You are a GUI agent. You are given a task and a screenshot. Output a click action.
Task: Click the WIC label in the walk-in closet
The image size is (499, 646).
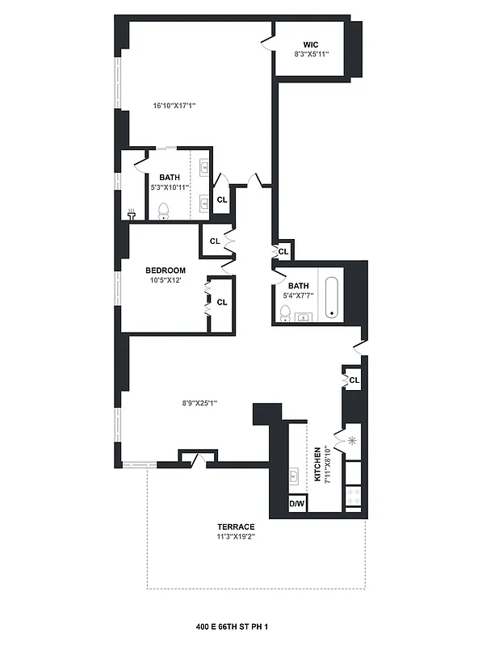(311, 44)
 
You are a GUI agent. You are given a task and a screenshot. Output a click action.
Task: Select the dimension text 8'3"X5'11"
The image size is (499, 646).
(311, 55)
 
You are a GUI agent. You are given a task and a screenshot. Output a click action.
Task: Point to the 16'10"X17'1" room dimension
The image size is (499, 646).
(175, 105)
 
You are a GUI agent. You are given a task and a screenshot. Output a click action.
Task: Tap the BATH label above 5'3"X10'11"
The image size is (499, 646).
(170, 178)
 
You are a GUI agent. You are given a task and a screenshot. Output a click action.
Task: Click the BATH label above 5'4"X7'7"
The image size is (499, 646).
(299, 285)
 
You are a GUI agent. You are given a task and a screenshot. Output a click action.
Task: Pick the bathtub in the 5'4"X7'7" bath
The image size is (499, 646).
(331, 296)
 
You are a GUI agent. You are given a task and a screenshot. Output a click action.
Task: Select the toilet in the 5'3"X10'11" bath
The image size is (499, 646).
(163, 211)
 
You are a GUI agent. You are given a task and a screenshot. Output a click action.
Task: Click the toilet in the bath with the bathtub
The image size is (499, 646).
(285, 313)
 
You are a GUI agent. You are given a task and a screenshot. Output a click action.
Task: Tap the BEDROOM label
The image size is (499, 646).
(166, 271)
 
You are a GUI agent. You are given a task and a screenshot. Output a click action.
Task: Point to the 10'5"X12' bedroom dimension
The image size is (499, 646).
(166, 280)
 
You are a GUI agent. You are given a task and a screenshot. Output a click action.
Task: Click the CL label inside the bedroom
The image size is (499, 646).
(222, 302)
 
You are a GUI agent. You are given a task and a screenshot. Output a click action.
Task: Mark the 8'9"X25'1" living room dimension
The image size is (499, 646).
(199, 403)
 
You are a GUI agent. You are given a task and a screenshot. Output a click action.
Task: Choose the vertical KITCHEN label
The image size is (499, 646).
(317, 466)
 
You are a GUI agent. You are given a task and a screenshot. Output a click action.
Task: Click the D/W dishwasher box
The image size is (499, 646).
(297, 504)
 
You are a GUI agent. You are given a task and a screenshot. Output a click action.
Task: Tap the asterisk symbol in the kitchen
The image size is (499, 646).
(352, 441)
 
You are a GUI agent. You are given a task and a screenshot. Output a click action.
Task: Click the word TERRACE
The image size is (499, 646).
(234, 526)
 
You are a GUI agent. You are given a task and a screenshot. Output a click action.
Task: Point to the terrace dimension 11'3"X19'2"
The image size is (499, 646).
(234, 536)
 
